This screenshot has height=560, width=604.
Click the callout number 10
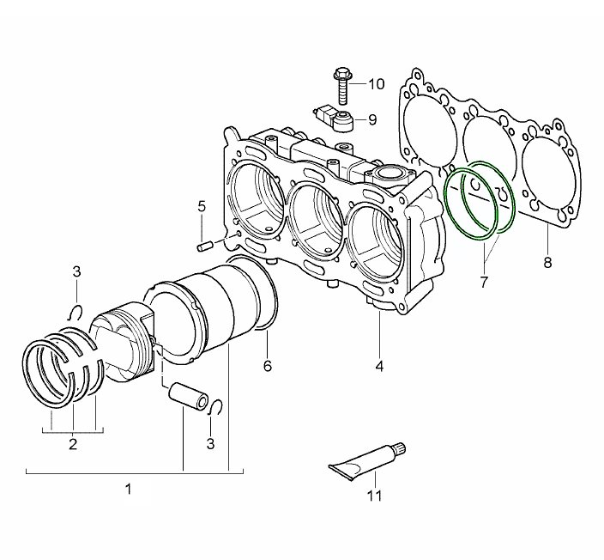377,84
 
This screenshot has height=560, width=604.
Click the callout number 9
372,119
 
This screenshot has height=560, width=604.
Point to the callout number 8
547,263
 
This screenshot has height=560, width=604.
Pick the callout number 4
378,367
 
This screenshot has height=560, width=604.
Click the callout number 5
202,206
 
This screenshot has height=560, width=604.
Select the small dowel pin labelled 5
205,246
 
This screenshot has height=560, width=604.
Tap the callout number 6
267,367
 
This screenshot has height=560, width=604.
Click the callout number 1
128,490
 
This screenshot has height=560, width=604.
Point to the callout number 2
73,444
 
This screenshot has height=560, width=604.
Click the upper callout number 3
76,272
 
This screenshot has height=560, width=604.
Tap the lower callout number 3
211,444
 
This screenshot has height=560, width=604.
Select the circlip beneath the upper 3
75,311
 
